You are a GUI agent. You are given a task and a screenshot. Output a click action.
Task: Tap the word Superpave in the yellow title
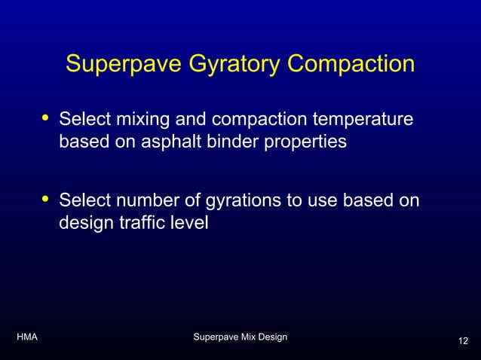point(120,64)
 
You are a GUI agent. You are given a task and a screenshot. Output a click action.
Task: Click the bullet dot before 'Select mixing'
point(45,117)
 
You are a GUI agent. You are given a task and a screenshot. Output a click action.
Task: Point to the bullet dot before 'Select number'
point(45,199)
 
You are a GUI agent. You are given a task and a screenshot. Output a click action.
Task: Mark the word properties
point(305,142)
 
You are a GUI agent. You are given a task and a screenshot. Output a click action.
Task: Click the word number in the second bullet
point(144,201)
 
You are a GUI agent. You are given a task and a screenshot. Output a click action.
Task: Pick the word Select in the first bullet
point(83,121)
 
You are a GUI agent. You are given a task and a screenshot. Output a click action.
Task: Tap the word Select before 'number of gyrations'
point(83,201)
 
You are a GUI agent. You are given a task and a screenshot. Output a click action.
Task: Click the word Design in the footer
point(272,337)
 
